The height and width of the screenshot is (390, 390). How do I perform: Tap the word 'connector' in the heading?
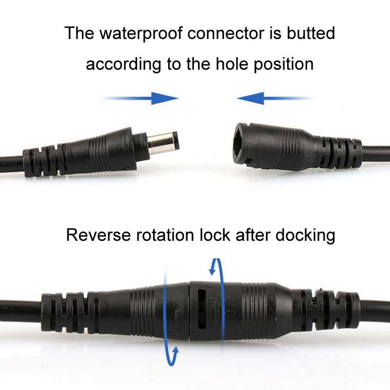click(226, 33)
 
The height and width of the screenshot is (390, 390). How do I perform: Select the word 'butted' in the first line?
click(311, 33)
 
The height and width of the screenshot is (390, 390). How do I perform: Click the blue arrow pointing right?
click(140, 98)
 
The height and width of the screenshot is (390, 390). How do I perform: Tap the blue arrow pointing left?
click(274, 98)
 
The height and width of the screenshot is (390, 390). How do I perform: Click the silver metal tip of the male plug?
click(163, 143)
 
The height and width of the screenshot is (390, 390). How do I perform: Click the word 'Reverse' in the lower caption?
click(98, 235)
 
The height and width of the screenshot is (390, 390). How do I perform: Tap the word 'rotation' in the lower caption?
click(165, 235)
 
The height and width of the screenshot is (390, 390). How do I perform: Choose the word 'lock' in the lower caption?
click(215, 235)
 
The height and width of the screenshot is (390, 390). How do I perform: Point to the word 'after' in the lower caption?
click(253, 235)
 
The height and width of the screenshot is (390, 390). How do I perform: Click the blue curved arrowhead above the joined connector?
click(212, 269)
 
